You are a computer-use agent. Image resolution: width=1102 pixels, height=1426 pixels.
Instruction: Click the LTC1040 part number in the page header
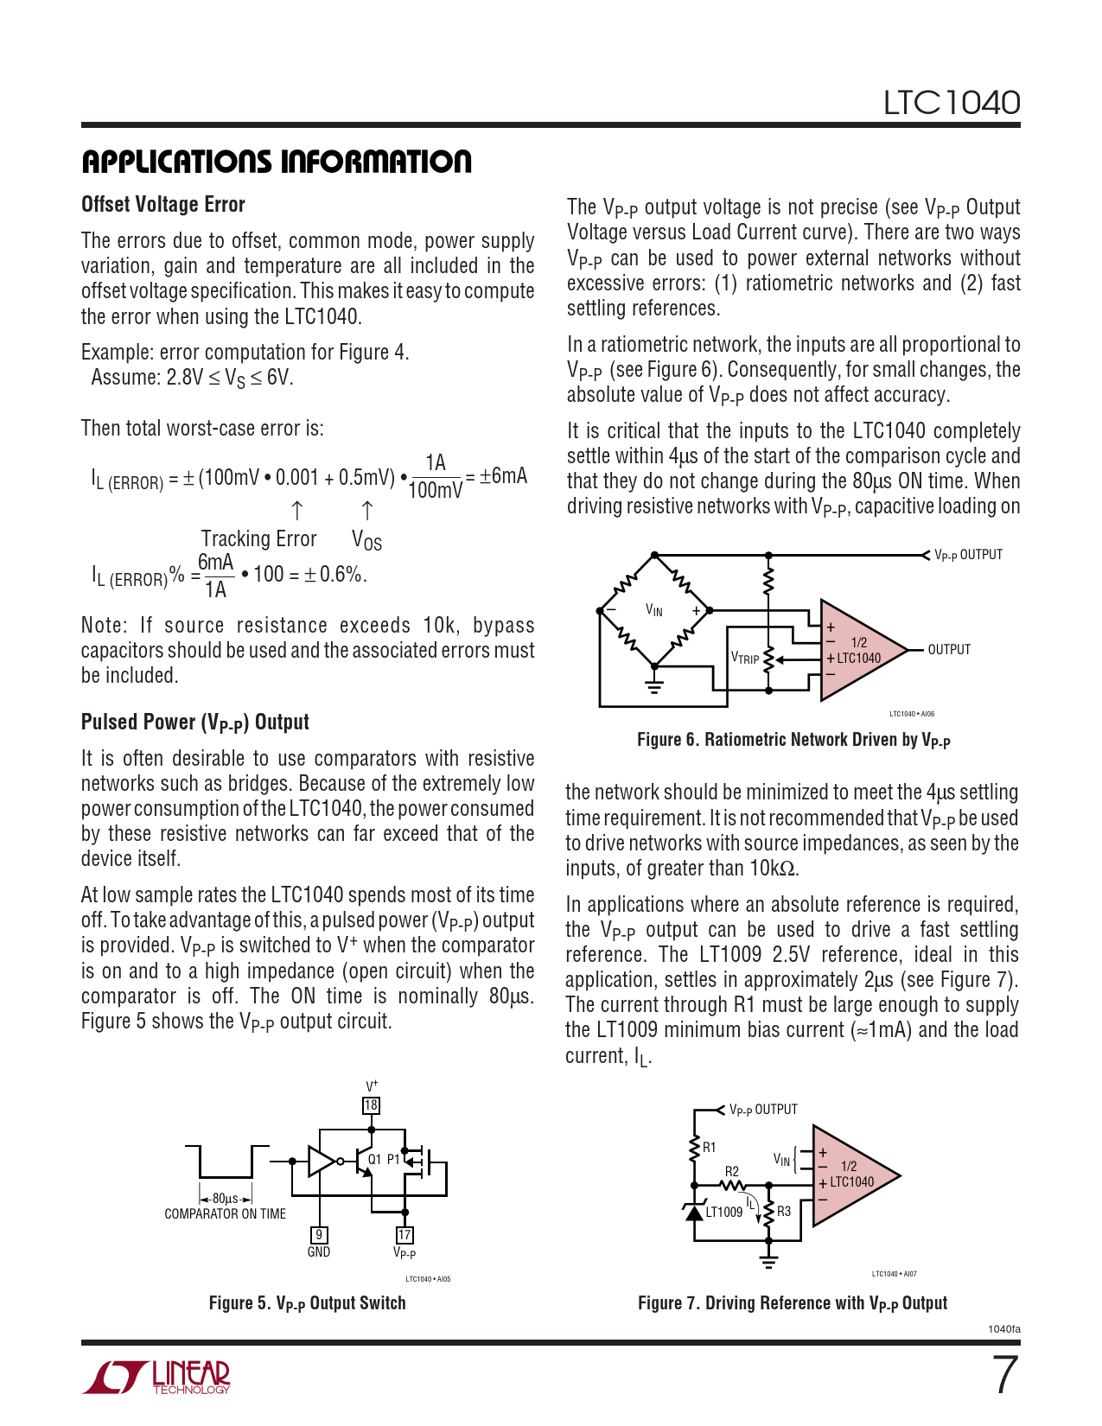951,103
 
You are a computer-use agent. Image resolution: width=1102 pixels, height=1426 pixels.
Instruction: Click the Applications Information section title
277,162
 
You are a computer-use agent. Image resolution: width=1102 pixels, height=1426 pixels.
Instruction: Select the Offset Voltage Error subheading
163,205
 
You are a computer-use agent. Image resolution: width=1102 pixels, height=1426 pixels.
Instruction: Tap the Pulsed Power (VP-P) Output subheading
195,723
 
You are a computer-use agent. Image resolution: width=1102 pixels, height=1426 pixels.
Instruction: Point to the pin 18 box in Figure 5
371,1105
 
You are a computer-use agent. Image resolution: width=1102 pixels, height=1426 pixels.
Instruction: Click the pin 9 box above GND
319,1235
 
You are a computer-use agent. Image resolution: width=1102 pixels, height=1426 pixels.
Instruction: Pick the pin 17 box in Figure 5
404,1235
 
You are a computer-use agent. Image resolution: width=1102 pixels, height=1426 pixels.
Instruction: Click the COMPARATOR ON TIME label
225,1214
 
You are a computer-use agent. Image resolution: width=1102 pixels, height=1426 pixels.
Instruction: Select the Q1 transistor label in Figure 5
374,1159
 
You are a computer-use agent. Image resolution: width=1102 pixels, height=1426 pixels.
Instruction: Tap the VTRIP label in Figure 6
745,659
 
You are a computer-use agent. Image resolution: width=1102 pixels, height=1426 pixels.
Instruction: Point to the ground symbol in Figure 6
654,687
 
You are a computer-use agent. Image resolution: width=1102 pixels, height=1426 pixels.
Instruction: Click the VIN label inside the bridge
654,611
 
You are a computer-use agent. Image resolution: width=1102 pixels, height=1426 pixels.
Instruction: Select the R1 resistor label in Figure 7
709,1148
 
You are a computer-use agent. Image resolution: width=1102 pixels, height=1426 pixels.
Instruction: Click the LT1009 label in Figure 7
724,1212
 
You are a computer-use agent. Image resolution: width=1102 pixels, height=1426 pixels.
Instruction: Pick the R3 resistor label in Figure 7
784,1212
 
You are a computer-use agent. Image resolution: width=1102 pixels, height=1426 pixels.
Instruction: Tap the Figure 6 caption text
793,740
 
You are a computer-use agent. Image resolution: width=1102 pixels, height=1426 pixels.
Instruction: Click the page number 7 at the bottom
1004,1375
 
